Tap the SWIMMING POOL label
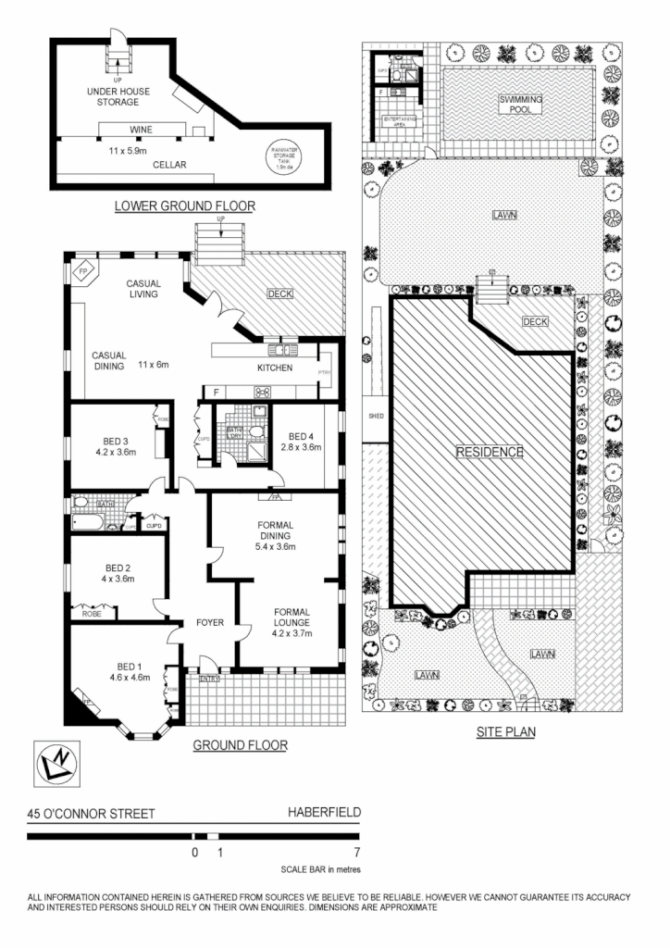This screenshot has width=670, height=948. (x=521, y=103)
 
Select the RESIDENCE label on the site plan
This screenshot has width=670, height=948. (x=490, y=453)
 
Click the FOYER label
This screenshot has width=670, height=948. (x=210, y=622)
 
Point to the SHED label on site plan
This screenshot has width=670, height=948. (x=375, y=416)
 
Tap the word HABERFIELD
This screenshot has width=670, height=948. (x=323, y=815)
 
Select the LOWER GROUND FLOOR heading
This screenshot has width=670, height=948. (x=184, y=206)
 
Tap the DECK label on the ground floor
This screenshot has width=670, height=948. (x=279, y=294)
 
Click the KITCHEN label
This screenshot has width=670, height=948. (x=274, y=368)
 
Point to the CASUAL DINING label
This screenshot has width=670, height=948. (x=114, y=360)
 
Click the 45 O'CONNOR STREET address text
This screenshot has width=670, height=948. (x=92, y=815)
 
